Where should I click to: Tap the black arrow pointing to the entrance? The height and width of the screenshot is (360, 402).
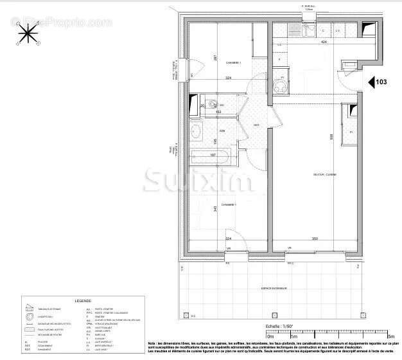click(x=371, y=82)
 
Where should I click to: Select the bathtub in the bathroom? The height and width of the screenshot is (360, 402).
click(x=210, y=155)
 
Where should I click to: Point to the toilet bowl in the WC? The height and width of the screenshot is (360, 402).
click(x=212, y=105)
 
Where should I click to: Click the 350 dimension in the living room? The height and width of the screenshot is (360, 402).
click(x=315, y=239)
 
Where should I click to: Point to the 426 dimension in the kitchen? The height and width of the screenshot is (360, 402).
click(x=324, y=42)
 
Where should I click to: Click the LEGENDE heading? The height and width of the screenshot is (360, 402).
click(x=83, y=300)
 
